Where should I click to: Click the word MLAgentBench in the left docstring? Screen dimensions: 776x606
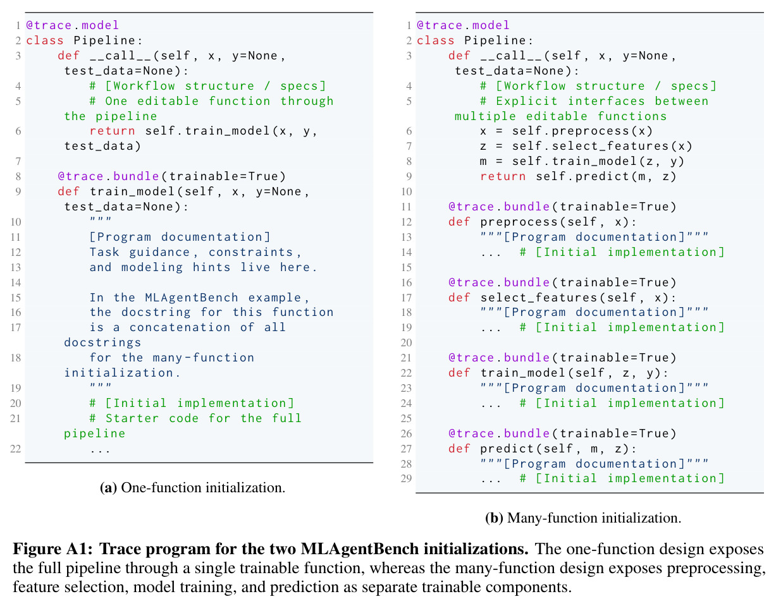(191, 297)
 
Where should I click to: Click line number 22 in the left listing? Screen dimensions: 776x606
(16, 449)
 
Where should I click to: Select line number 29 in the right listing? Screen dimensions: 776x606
(407, 478)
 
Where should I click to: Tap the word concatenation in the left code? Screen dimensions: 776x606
(180, 327)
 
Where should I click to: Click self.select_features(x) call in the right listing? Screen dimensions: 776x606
(602, 146)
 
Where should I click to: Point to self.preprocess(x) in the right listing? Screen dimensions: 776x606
(582, 131)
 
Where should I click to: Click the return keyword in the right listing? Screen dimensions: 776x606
(502, 176)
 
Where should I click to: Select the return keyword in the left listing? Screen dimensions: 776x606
(112, 131)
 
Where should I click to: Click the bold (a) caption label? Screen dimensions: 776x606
(108, 488)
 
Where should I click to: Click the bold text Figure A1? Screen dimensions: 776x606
(53, 549)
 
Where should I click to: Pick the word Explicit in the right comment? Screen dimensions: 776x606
(526, 101)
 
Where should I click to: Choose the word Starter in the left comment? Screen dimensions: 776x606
(132, 418)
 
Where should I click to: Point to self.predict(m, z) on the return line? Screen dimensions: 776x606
(606, 176)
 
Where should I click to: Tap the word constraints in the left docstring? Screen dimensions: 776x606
(255, 252)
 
